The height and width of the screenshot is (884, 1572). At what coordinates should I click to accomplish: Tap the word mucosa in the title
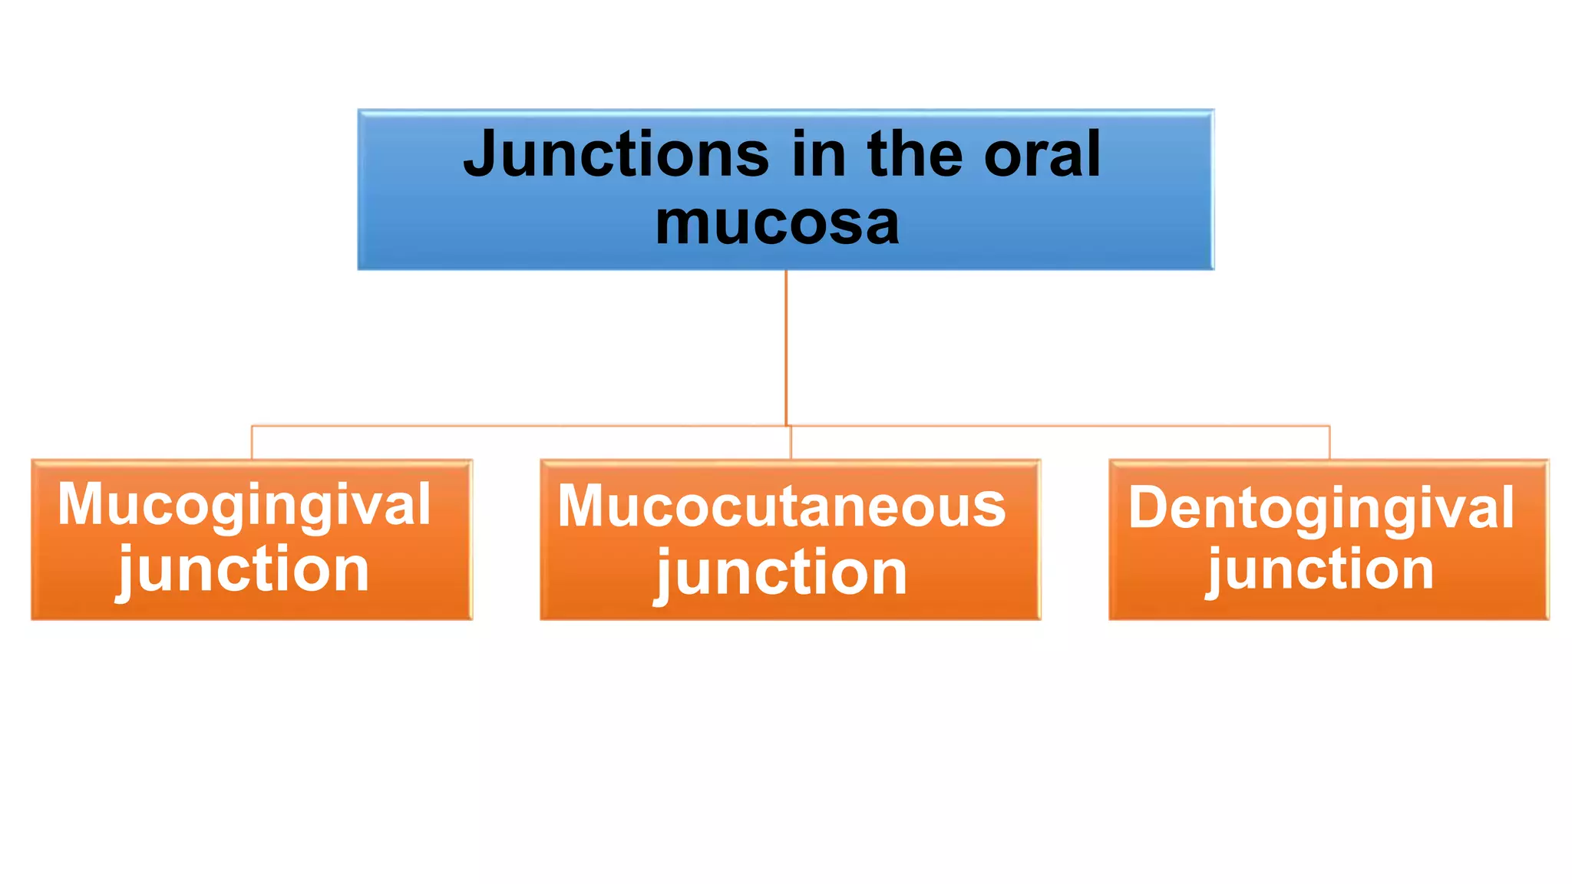pos(777,223)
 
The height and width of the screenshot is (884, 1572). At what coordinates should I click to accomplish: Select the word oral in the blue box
pos(1042,154)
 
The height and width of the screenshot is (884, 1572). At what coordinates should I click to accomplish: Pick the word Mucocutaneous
pos(781,507)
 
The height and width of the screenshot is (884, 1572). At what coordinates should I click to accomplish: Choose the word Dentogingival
pos(1321,509)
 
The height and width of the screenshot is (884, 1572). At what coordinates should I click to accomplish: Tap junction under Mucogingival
pos(244,570)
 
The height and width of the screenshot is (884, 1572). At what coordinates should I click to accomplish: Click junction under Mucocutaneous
pos(781,573)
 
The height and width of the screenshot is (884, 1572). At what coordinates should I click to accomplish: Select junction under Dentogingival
pos(1321,571)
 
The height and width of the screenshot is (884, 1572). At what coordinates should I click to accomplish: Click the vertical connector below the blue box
pos(786,345)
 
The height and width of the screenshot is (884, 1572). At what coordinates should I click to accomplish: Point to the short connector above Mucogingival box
pos(252,443)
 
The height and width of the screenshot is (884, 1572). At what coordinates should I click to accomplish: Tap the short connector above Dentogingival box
pos(1329,443)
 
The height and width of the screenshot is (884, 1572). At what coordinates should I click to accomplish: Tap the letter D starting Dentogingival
pos(1148,508)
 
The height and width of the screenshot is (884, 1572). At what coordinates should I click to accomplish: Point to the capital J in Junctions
pos(482,154)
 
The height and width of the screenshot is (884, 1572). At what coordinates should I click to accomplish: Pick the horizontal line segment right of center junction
pos(1059,425)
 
